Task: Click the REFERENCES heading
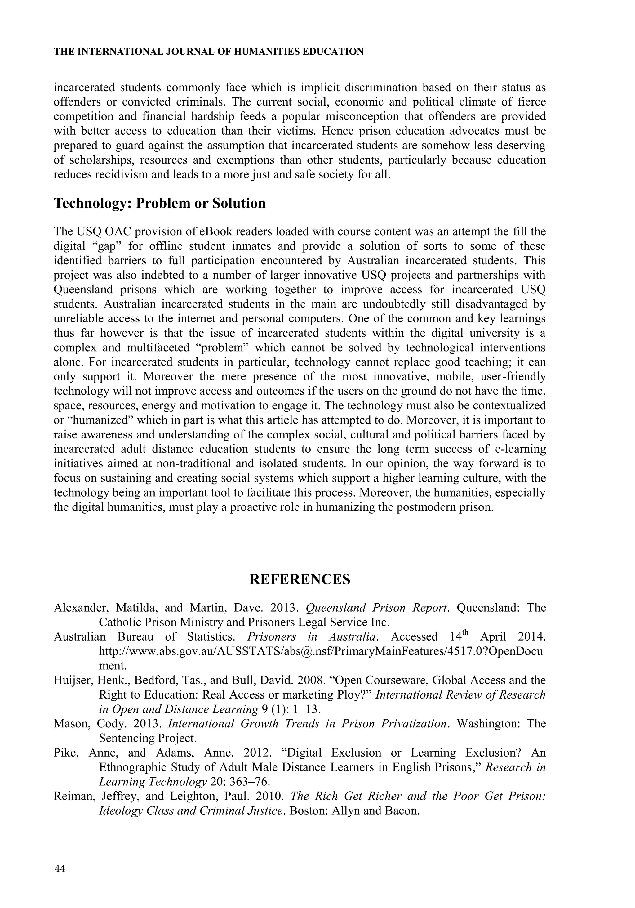tap(300, 579)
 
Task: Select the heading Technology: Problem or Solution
tap(160, 203)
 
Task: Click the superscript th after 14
tap(468, 633)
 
